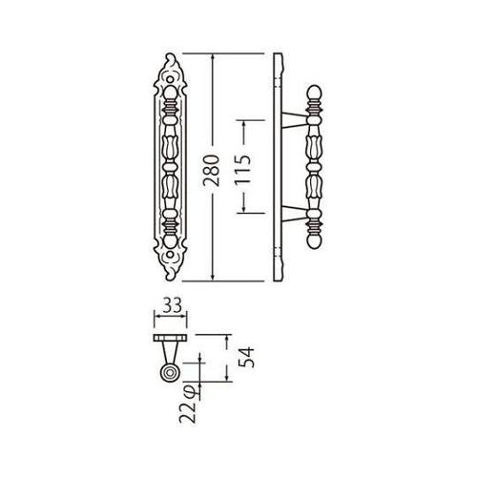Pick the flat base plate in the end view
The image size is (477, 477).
169,339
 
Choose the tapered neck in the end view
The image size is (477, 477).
169,353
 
